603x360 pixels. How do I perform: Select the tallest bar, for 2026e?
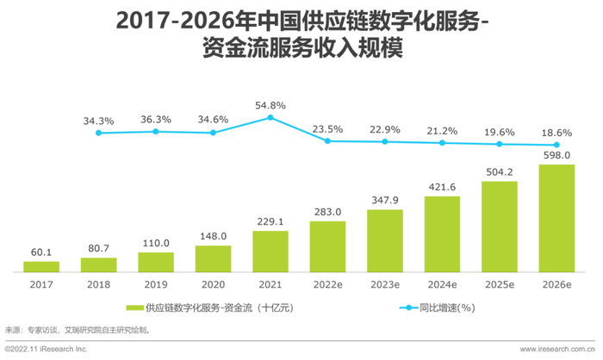(556, 218)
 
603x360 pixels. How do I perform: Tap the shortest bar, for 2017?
(41, 266)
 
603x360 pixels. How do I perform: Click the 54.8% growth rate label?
(270, 105)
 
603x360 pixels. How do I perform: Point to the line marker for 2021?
(270, 117)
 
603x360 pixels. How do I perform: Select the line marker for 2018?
(98, 133)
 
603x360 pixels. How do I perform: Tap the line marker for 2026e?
(556, 145)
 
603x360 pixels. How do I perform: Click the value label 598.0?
(556, 155)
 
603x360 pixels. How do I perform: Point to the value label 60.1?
(41, 253)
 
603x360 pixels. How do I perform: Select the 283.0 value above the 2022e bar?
(327, 212)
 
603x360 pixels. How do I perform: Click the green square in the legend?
(134, 307)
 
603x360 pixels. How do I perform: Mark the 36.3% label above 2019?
(156, 120)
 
